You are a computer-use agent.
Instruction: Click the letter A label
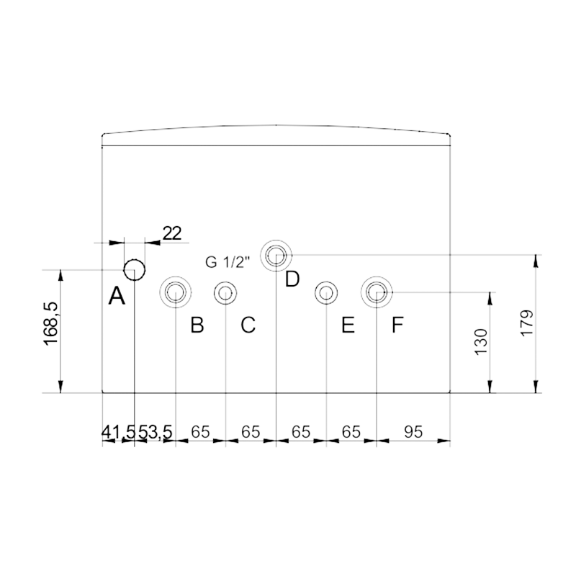click(117, 296)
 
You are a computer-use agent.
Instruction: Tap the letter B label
click(197, 325)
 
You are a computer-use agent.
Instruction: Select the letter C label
click(248, 325)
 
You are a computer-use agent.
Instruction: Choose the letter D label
click(292, 279)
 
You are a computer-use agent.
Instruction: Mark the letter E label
click(348, 325)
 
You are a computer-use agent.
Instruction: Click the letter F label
click(397, 325)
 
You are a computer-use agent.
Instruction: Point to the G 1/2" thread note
click(228, 262)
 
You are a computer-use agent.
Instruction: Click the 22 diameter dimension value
click(172, 233)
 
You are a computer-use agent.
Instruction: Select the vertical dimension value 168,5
click(51, 323)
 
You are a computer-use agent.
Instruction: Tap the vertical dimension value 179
click(527, 323)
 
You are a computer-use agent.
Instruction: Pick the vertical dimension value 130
click(481, 341)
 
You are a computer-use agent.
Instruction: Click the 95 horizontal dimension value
click(413, 431)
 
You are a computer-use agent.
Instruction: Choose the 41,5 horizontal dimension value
click(119, 431)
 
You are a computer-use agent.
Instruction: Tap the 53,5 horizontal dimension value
click(155, 431)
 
